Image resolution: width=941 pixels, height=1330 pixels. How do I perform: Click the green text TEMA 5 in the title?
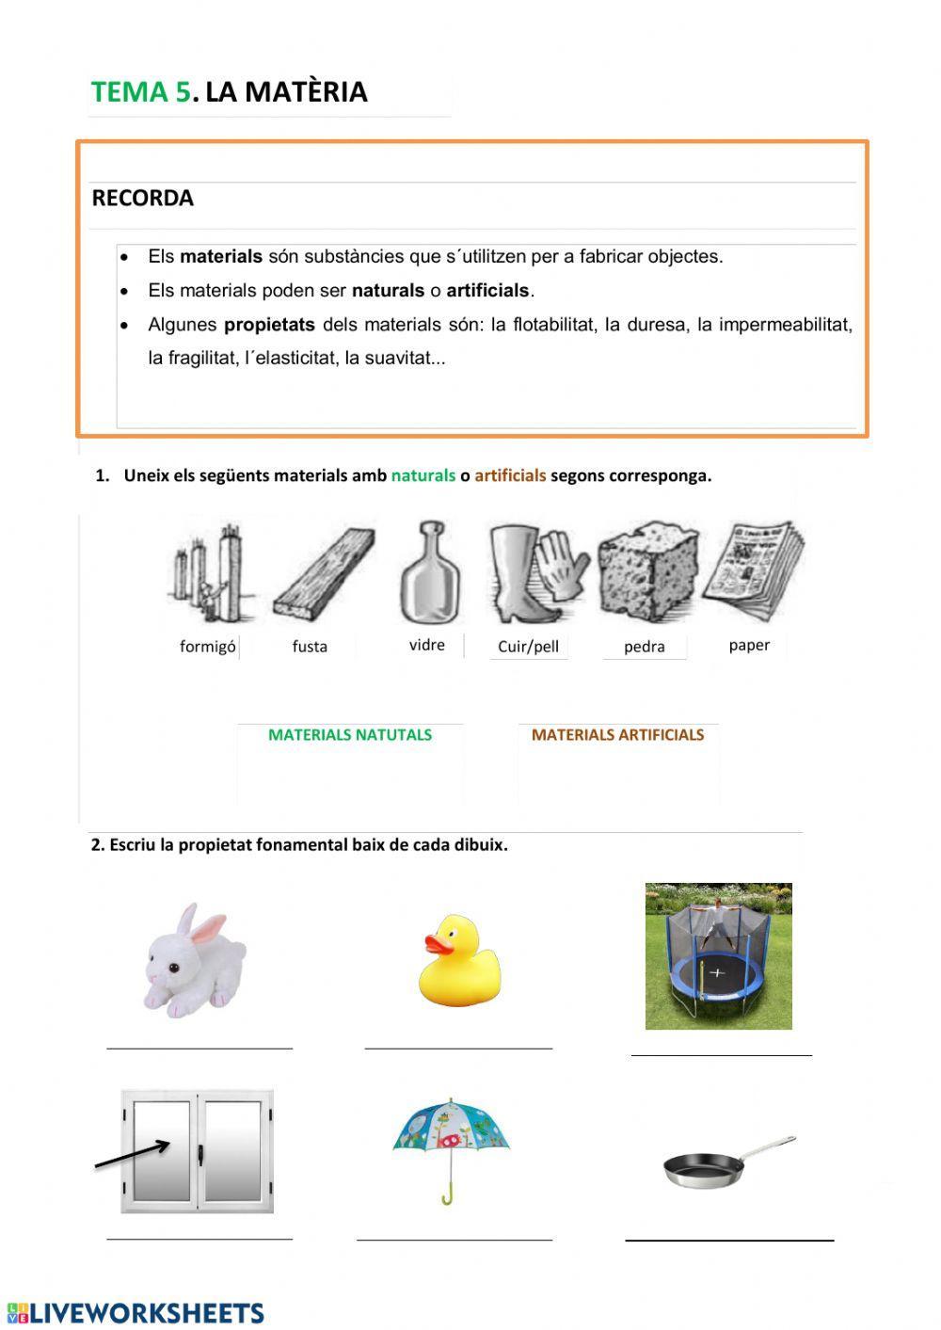(x=140, y=92)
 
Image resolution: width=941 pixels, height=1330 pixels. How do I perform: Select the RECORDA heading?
(x=142, y=199)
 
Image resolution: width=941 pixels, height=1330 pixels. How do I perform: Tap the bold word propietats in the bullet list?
(x=269, y=325)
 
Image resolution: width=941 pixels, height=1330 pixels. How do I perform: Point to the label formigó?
(x=207, y=647)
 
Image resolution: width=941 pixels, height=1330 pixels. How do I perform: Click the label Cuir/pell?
(x=528, y=647)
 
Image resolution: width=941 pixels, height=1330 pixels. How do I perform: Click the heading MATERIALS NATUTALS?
(x=350, y=735)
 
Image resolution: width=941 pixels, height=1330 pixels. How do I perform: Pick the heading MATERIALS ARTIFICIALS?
(x=617, y=735)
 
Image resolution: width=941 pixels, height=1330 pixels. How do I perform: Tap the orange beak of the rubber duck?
(x=436, y=943)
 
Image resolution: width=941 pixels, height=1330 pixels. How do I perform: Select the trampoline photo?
(x=718, y=956)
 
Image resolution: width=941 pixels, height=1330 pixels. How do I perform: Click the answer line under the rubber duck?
(x=458, y=1046)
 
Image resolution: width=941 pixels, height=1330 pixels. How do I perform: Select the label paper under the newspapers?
(x=749, y=646)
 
